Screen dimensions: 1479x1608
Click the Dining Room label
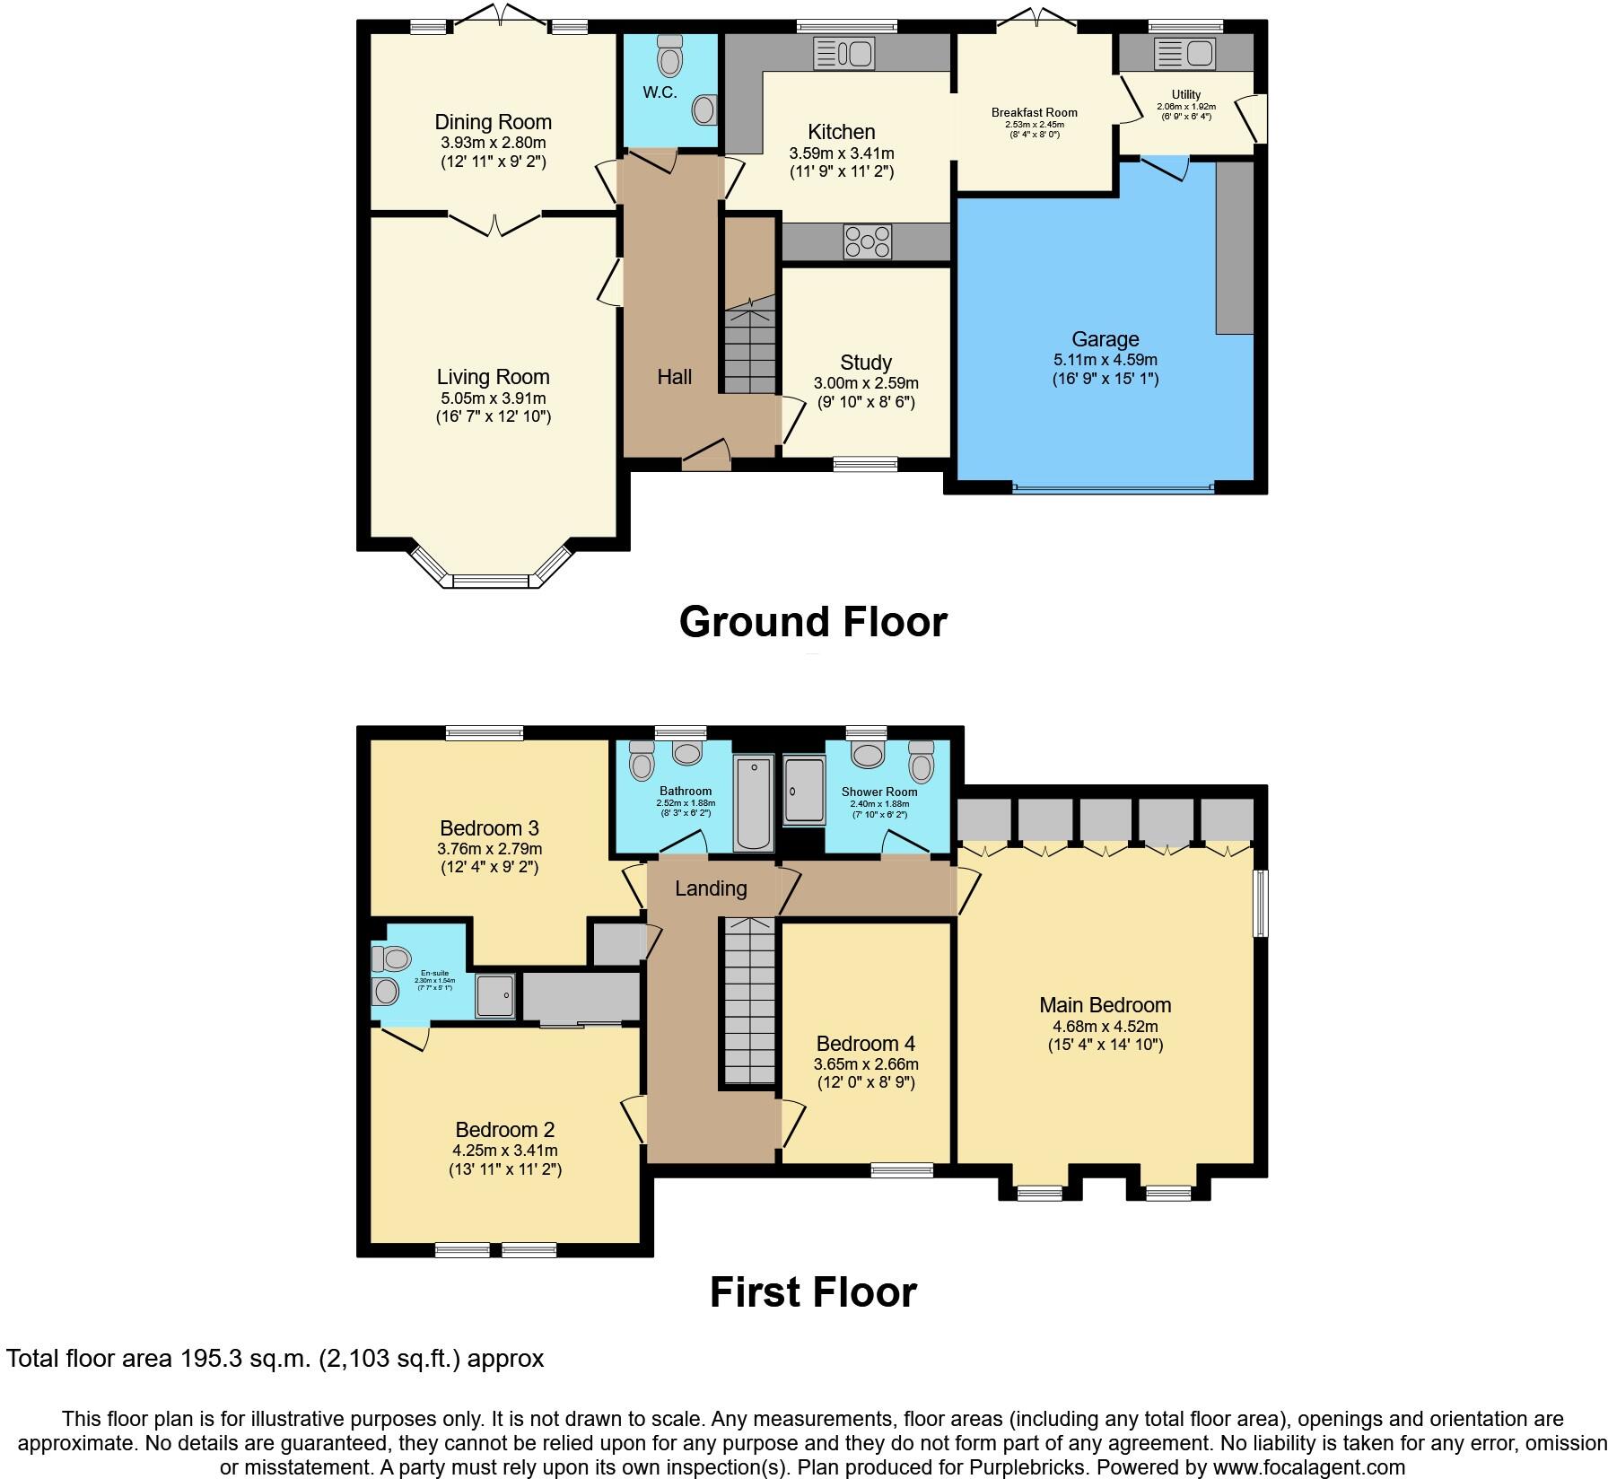(x=493, y=122)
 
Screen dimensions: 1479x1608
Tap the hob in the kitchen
(x=867, y=241)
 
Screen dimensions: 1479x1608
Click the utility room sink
(x=1184, y=53)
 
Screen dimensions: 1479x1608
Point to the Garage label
(x=1105, y=339)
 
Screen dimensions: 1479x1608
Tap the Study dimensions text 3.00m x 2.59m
(x=865, y=383)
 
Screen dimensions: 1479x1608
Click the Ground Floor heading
(x=812, y=622)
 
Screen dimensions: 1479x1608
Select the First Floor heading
(x=812, y=1292)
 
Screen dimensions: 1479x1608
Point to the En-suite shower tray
(x=495, y=994)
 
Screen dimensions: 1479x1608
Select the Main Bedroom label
(x=1105, y=1005)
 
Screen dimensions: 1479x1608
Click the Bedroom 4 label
(x=865, y=1044)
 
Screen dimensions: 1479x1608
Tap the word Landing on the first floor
(x=711, y=888)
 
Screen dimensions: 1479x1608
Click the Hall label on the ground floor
(x=674, y=377)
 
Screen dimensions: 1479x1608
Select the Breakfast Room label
(x=1034, y=113)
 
